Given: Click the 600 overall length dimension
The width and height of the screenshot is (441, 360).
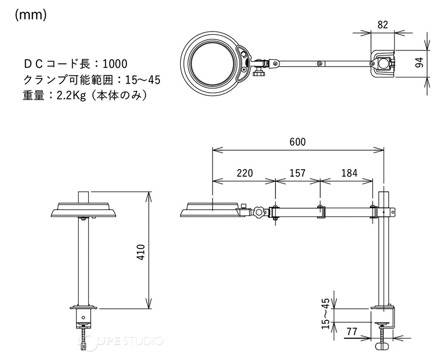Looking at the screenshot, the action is [x=297, y=142].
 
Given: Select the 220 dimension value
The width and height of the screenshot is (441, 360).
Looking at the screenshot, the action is [x=245, y=173].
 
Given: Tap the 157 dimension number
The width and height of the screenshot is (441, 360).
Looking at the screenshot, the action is [x=297, y=173].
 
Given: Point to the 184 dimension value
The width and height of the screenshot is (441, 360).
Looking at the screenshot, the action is [x=349, y=173].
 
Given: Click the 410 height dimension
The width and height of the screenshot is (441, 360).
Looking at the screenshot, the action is [x=141, y=252].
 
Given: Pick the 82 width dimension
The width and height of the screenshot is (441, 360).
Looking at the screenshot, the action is [x=383, y=25].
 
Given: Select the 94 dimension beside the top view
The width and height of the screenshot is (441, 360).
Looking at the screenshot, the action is [x=419, y=63].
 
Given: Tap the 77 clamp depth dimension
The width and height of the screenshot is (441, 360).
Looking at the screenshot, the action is [x=352, y=331].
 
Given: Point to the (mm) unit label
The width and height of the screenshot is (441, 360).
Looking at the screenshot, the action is [x=31, y=15].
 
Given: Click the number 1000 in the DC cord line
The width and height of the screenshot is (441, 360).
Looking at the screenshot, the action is [x=115, y=64].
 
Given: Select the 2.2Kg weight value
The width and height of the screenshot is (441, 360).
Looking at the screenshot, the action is [x=71, y=96].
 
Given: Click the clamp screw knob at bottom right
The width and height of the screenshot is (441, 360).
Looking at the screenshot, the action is [x=382, y=347].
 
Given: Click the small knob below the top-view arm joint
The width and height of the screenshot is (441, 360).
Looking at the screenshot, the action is [x=259, y=73].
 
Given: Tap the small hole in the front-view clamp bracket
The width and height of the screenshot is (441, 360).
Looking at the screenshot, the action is [x=83, y=318].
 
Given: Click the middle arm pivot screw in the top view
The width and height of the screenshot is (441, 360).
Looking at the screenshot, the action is [x=320, y=63].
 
